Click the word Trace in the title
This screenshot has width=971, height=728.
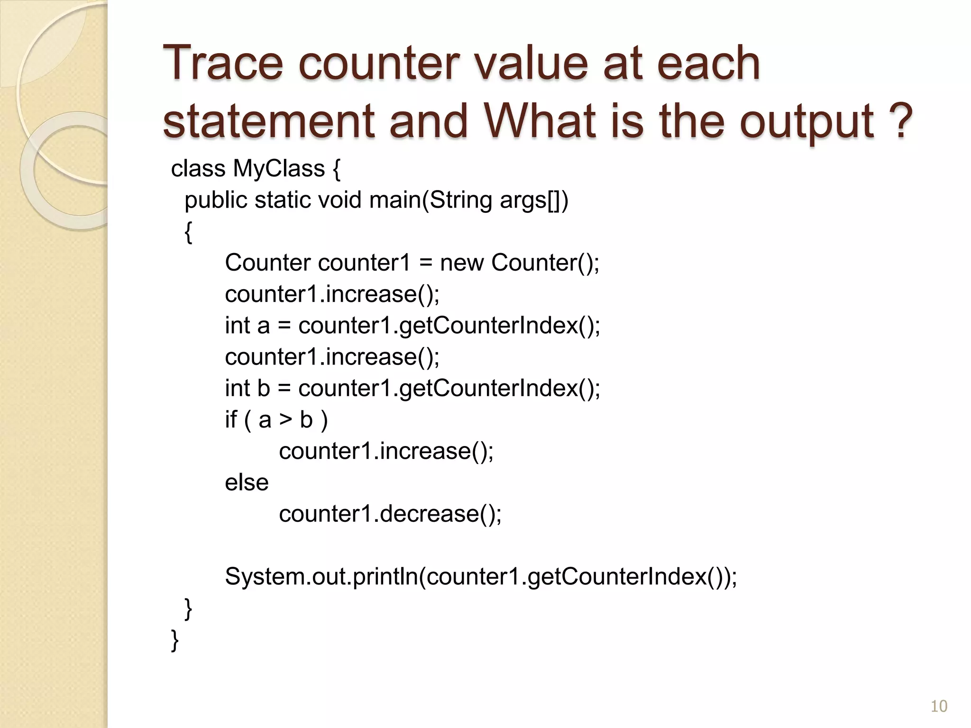[x=222, y=64]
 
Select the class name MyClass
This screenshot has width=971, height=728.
[x=279, y=169]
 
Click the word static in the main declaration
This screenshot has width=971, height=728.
[x=283, y=200]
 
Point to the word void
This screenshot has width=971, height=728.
[x=339, y=200]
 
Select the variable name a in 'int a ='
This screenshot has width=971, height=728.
[x=263, y=326]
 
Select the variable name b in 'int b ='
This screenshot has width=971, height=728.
[x=263, y=389]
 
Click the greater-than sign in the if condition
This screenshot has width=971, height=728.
[x=285, y=420]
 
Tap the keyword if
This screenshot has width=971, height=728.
[x=231, y=420]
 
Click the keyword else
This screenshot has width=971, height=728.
[x=247, y=483]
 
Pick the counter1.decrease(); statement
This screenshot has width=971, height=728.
[x=390, y=514]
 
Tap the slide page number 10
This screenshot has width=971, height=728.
[x=939, y=706]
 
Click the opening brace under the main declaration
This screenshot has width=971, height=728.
[x=188, y=232]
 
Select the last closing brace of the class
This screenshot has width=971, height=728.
[x=174, y=640]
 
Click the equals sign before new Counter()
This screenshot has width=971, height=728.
[x=426, y=264]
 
